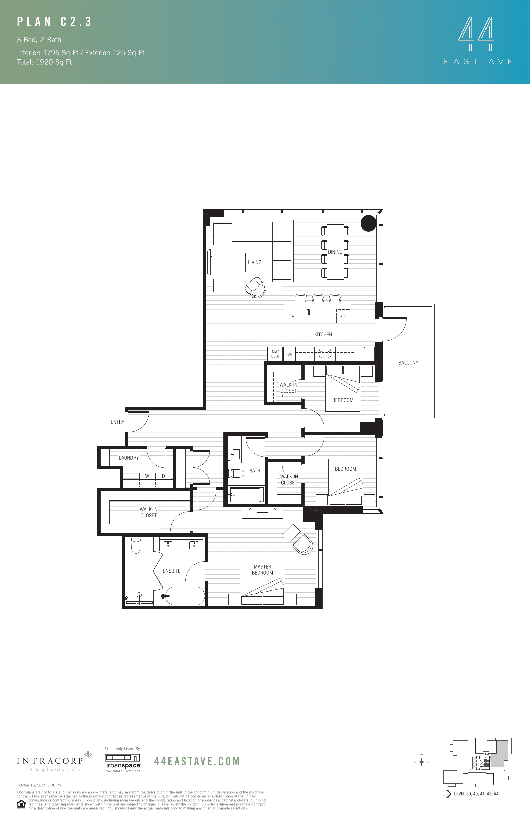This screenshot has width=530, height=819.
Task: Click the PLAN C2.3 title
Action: (x=55, y=22)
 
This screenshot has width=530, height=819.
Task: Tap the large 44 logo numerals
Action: (x=476, y=30)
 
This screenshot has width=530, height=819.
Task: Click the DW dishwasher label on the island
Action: (x=292, y=316)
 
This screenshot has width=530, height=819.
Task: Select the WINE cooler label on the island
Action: (x=343, y=316)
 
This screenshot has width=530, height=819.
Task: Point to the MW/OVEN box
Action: (x=275, y=354)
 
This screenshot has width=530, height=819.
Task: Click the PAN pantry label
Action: (x=289, y=354)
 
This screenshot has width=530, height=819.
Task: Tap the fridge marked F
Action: (x=364, y=354)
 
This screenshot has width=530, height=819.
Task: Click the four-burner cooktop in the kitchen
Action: (x=325, y=353)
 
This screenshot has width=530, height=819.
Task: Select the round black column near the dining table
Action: (x=369, y=223)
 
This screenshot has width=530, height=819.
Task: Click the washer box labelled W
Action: (x=147, y=476)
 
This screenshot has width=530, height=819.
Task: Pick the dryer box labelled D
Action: (x=163, y=476)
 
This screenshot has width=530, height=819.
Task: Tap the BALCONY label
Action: (x=408, y=363)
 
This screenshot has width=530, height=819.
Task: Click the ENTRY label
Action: (x=117, y=422)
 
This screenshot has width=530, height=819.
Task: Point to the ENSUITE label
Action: (x=171, y=571)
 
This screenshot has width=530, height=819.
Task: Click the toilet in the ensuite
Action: (x=136, y=545)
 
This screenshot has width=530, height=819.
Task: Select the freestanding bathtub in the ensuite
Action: (x=185, y=596)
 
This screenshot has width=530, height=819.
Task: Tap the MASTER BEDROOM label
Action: (x=262, y=569)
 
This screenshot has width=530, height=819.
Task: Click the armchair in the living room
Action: (x=255, y=287)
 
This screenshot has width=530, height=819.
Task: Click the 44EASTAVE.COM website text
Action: (x=197, y=761)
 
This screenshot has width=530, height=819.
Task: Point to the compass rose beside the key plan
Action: (x=421, y=762)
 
